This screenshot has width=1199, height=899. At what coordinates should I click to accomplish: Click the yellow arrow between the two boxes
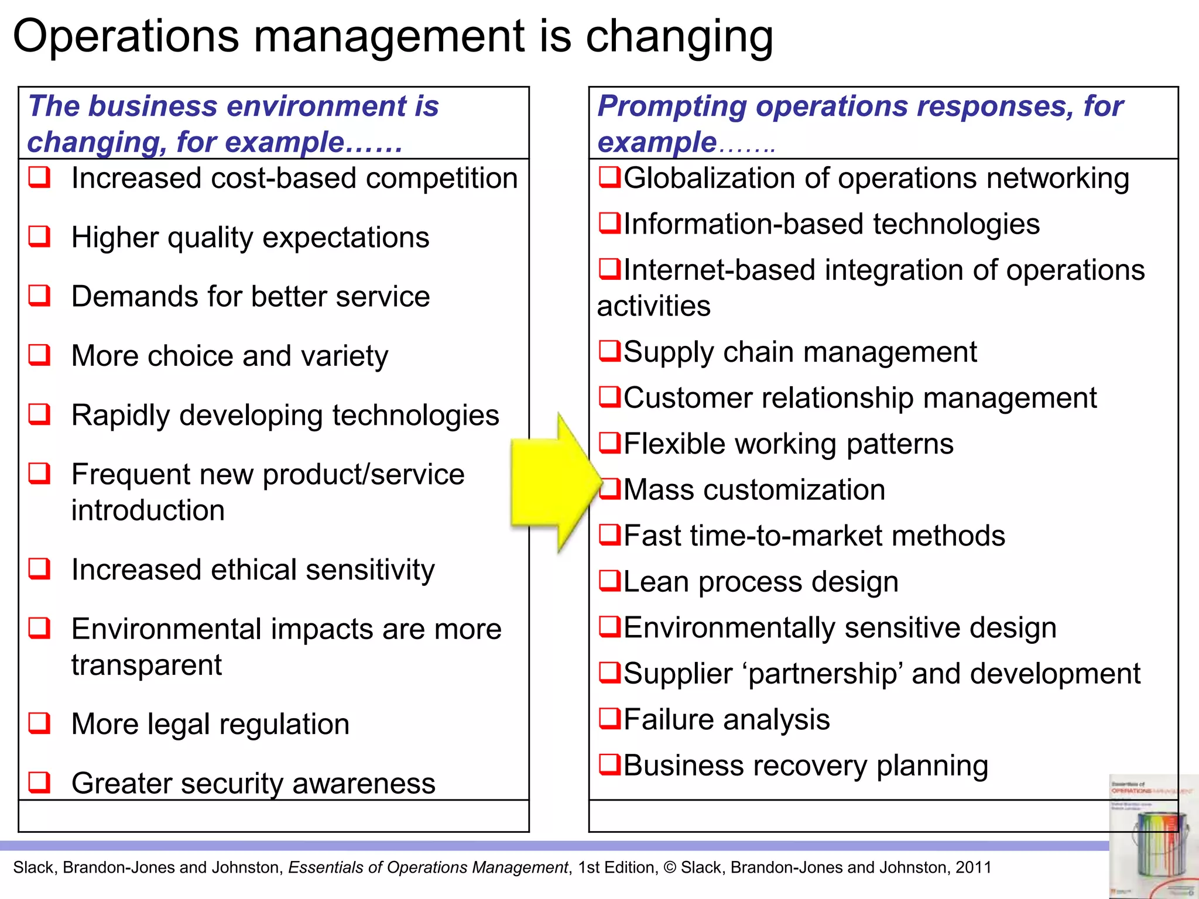point(550,483)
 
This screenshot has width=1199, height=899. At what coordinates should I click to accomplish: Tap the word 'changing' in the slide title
point(679,37)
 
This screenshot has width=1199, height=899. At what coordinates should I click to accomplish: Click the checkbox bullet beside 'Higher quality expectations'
point(40,237)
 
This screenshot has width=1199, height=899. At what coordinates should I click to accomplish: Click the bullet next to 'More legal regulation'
point(40,723)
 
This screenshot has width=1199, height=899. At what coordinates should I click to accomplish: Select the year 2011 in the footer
point(973,867)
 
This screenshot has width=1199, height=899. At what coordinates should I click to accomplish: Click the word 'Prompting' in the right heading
point(672,107)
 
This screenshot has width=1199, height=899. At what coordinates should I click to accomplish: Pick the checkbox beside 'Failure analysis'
point(609,718)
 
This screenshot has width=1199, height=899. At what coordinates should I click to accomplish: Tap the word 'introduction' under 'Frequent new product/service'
point(148,510)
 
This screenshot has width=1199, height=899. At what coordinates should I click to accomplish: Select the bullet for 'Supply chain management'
point(609,351)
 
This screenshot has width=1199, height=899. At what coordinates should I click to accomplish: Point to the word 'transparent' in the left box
point(146,665)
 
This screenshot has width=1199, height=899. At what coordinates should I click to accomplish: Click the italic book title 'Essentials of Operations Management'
point(428,867)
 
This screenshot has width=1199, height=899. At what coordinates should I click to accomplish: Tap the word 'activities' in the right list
point(653,306)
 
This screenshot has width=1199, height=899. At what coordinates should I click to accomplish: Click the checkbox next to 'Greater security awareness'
point(40,782)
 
